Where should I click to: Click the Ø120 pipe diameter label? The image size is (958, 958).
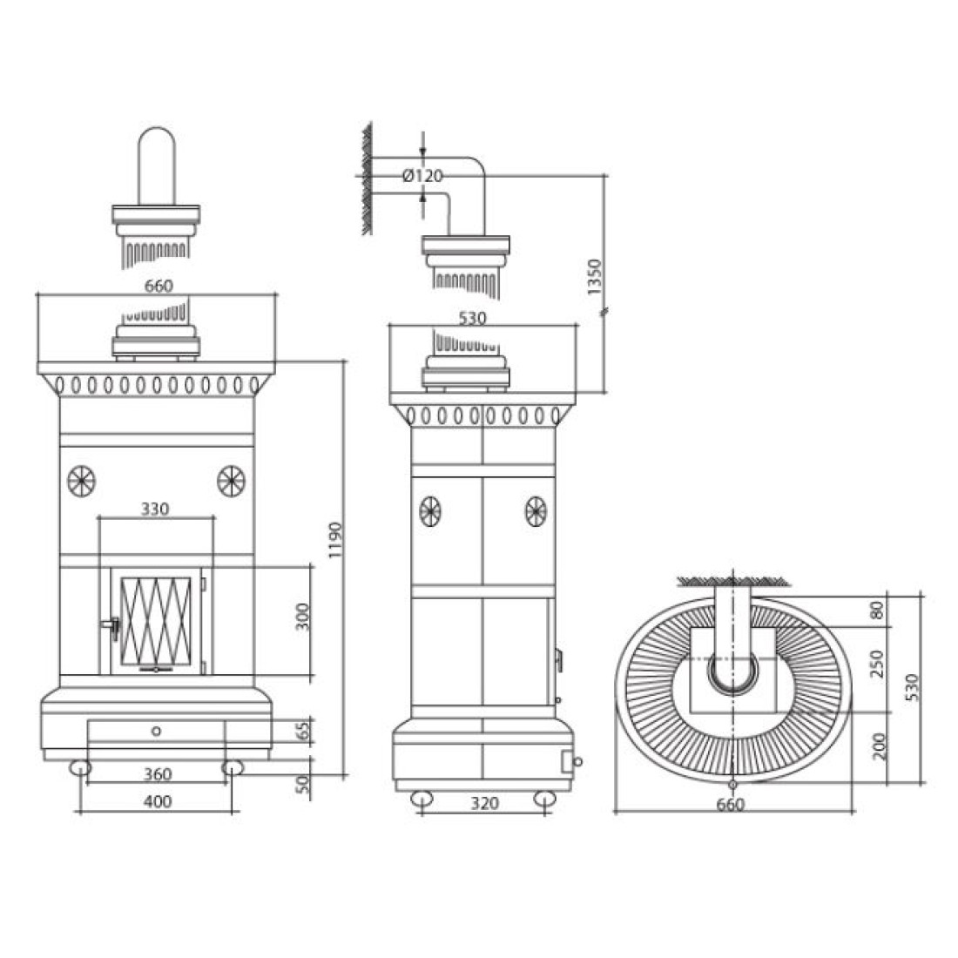click(422, 176)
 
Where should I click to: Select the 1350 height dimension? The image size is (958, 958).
click(594, 277)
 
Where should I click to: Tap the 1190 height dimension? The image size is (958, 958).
click(335, 540)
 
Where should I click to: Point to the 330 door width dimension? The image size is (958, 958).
click(155, 509)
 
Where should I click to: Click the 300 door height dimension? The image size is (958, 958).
click(303, 617)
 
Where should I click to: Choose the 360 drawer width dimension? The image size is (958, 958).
click(158, 774)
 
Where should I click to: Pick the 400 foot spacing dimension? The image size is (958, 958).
click(158, 801)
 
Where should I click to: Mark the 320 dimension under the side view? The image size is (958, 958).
click(484, 803)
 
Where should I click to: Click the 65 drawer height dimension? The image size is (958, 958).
click(303, 730)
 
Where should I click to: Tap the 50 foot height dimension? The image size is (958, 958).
click(303, 784)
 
